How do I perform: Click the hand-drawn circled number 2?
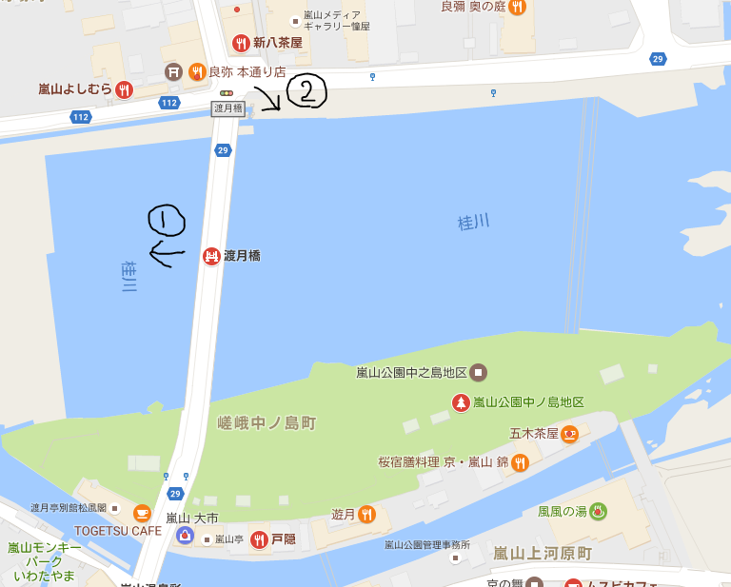[306, 91]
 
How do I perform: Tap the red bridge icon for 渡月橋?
[211, 256]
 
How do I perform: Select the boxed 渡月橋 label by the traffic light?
[227, 108]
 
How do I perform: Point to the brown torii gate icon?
[173, 71]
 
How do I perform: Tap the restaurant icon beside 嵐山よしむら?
[124, 90]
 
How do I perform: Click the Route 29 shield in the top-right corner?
[658, 60]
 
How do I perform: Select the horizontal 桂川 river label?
[473, 222]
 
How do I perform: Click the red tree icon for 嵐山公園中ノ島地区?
[461, 402]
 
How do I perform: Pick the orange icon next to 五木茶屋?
[570, 434]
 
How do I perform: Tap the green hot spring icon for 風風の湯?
[598, 511]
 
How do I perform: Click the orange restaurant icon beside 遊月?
[367, 515]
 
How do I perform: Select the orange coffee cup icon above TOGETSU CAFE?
[142, 513]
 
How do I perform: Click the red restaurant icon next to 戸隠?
[258, 539]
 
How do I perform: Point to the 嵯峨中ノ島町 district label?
[267, 422]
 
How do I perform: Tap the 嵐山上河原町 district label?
[543, 553]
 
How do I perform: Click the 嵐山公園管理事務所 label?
[427, 545]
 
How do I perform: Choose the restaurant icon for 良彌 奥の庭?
[516, 8]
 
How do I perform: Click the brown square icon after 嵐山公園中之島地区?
[479, 371]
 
